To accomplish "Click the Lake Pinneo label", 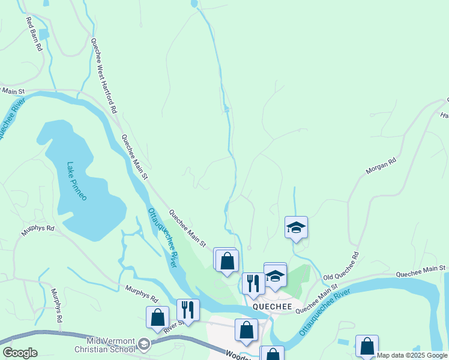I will click(77, 181).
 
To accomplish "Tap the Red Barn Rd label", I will click(34, 34).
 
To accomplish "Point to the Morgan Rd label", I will click(381, 166).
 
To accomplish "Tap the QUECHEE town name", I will click(272, 307).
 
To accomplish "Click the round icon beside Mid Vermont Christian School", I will click(144, 344).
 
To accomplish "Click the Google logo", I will click(19, 353).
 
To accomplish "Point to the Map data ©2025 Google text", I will click(412, 355).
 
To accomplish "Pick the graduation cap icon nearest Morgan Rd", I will click(296, 227).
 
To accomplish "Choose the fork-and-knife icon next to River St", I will click(188, 310).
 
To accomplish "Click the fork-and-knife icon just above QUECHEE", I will click(253, 283).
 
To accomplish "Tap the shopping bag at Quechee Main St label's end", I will click(227, 262).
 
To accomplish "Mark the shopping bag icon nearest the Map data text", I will click(367, 346).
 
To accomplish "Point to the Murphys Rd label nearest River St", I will click(141, 294).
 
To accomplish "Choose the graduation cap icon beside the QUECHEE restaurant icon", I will click(276, 275).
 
